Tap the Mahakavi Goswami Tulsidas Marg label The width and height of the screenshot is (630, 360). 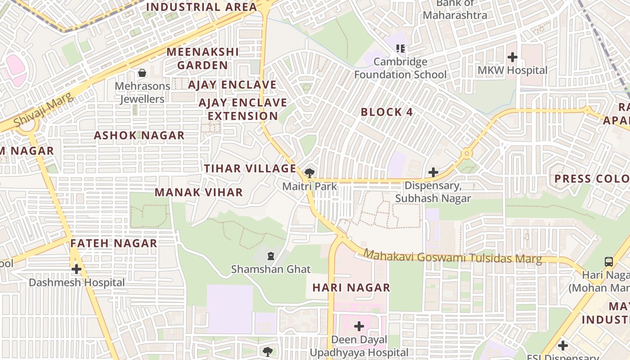tap(452, 257)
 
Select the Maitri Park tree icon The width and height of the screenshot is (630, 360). tap(309, 173)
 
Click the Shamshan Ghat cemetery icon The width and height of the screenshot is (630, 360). tap(270, 256)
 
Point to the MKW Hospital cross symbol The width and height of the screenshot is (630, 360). tap(512, 57)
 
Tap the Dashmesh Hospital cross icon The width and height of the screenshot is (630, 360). tap(76, 269)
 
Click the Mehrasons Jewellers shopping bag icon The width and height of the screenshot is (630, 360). tap(142, 72)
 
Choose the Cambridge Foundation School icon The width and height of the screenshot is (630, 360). tap(400, 48)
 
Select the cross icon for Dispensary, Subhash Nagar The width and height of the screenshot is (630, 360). tap(433, 172)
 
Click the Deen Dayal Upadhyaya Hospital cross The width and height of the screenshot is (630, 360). tap(359, 326)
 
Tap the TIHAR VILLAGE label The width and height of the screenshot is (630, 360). tap(250, 169)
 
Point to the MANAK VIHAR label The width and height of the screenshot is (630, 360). tap(198, 193)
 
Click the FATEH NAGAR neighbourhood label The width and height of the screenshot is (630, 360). tap(114, 243)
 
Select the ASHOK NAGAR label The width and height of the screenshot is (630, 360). tap(139, 135)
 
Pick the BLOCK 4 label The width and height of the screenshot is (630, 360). tap(387, 112)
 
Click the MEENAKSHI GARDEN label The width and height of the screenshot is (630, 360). tap(202, 58)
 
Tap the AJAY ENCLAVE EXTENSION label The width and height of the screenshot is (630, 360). tap(243, 109)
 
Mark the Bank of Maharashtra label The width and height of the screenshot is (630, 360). tap(454, 9)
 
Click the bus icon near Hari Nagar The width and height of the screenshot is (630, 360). tap(608, 261)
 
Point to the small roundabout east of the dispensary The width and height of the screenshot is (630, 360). tap(467, 154)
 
